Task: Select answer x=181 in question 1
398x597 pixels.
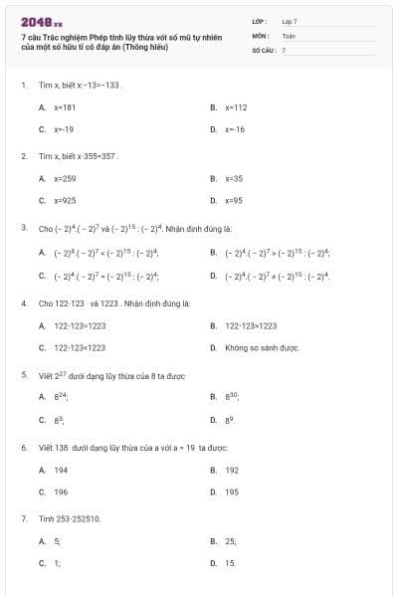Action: point(65,106)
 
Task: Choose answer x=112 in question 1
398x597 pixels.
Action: point(236,106)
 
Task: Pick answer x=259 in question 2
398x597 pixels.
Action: point(65,178)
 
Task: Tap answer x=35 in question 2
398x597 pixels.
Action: point(234,178)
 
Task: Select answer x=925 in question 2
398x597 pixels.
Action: point(65,200)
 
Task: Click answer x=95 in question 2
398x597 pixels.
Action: point(234,200)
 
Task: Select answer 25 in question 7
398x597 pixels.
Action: point(231,541)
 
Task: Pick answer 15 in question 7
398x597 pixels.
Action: point(231,563)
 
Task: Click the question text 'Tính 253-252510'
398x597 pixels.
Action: point(70,518)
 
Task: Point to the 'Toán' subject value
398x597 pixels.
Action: point(290,35)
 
